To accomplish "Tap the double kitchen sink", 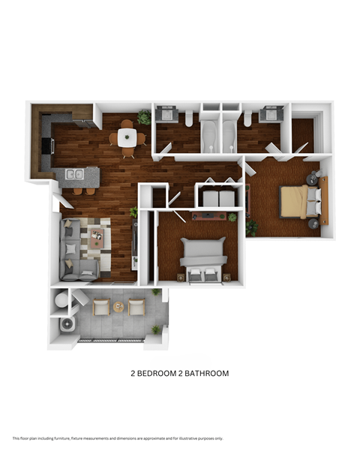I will coord(74,175).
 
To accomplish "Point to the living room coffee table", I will coord(97,239).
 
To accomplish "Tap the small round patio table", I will coord(118,306).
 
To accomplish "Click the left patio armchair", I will coord(100,307).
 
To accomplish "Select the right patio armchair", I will coord(136,306).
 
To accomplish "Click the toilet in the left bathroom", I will coord(190,119).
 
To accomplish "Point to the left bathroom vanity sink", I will coord(166,116).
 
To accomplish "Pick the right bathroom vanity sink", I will coord(270,116).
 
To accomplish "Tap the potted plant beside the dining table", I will coord(144,118).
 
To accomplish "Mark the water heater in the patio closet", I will coord(68,324).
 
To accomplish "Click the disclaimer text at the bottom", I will coord(118,438).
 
